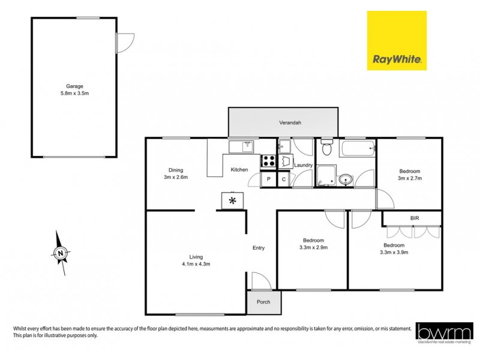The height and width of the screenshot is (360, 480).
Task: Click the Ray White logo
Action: tap(397, 40)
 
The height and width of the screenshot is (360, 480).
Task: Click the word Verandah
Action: tap(289, 122)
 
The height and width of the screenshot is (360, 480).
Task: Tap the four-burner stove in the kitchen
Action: tap(268, 161)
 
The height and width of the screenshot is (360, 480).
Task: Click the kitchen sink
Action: tap(241, 146)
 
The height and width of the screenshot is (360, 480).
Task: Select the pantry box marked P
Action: tap(268, 179)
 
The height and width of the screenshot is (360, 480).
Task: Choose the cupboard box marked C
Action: tap(283, 179)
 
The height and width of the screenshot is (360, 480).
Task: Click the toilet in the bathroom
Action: tap(327, 148)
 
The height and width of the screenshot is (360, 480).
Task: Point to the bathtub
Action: tap(357, 148)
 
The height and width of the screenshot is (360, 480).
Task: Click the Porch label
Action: tap(263, 302)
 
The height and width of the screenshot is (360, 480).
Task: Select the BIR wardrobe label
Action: tap(415, 218)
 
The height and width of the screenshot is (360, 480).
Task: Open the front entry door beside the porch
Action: tap(259, 281)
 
